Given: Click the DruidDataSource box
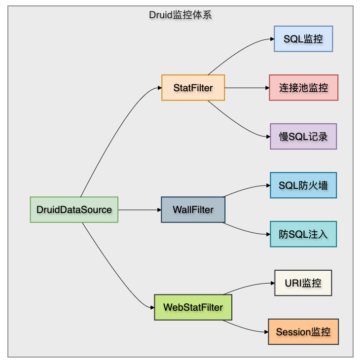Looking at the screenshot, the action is coord(74,210).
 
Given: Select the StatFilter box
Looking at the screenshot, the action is coord(193,88).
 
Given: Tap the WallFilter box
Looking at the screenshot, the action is coord(193,210).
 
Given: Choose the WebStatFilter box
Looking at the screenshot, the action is coord(193,307).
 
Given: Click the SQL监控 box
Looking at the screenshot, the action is coord(303,39).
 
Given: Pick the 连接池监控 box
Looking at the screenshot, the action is coord(303,88).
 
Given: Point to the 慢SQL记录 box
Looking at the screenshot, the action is coord(303,137).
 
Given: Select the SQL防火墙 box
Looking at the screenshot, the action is coord(303,185).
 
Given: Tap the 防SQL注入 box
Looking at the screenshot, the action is coord(303,234).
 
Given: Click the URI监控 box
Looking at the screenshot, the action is coord(303,283).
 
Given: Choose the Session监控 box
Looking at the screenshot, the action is coord(303,332).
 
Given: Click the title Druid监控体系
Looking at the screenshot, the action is coord(180,15).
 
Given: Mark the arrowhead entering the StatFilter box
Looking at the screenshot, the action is coord(159,88).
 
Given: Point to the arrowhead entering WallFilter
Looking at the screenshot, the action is coord(159,210).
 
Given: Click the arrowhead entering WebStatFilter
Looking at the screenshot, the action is coord(152,307).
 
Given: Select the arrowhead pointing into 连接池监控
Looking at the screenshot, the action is coord(267,88).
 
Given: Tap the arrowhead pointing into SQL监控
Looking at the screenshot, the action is coord(272,39).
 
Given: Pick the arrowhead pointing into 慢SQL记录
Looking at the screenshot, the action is coord(268,137).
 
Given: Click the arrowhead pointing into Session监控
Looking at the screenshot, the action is coord(266,332).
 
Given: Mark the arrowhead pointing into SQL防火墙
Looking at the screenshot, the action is coord(268,185).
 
